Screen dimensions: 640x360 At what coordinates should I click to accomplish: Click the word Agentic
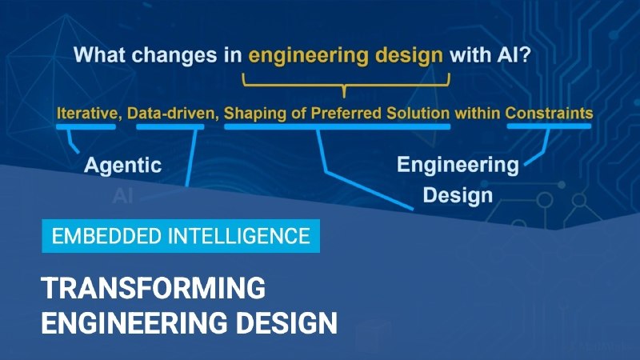123,166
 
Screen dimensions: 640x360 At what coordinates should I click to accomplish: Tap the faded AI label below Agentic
122,196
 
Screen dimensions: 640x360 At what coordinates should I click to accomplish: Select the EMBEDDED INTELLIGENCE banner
181,236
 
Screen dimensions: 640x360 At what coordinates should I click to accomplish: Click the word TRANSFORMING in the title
153,288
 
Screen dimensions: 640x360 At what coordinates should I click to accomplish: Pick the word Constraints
549,113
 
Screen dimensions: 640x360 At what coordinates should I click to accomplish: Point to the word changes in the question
174,54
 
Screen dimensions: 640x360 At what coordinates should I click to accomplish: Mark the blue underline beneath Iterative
86,127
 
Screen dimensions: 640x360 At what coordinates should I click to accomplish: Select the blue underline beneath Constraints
549,126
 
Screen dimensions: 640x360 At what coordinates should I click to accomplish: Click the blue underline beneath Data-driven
170,127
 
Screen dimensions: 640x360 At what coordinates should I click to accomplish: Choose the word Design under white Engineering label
458,196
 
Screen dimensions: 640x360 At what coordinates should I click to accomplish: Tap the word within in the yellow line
478,113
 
